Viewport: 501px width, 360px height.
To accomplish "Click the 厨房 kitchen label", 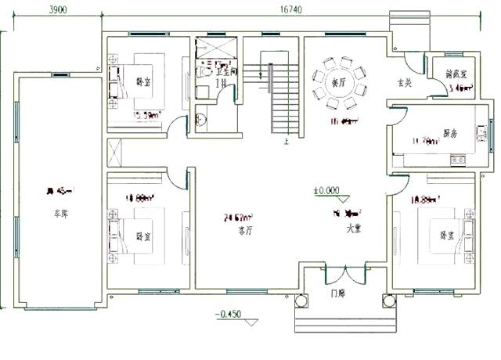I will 449,133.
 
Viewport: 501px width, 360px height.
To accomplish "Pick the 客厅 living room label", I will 246,231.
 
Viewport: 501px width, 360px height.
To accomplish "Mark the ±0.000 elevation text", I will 326,189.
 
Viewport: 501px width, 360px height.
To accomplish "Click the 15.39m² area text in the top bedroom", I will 146,115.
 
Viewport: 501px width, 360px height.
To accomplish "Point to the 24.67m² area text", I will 238,218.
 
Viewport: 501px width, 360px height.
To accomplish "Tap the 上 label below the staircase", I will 287,142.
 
